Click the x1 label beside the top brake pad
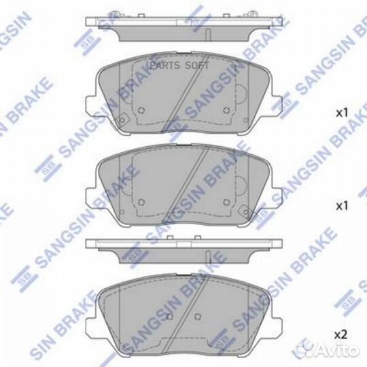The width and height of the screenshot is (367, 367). tap(342, 111)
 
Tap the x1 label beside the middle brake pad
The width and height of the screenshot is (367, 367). tap(342, 205)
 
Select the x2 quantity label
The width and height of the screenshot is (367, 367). tap(342, 334)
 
